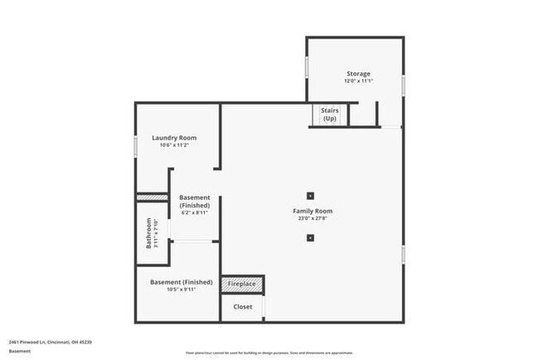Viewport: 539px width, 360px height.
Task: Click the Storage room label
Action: tap(358, 74)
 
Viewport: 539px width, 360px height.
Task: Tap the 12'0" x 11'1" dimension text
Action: tap(358, 81)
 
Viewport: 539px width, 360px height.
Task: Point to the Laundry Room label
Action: tap(174, 138)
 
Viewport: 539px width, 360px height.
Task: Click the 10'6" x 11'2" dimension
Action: tap(174, 145)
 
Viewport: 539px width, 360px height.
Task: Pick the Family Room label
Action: tap(313, 212)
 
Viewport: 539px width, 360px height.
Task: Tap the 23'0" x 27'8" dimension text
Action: tap(313, 219)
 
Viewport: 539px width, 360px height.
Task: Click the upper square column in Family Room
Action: tap(310, 196)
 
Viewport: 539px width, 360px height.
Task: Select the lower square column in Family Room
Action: tap(310, 238)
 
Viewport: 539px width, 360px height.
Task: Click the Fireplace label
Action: tap(242, 285)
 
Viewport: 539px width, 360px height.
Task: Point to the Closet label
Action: tap(242, 307)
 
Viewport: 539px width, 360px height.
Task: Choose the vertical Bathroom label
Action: tap(149, 233)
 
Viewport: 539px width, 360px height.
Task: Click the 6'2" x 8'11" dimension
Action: tap(194, 212)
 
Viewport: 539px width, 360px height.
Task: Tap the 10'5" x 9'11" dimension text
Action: tap(181, 290)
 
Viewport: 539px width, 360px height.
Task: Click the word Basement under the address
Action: tap(20, 351)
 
